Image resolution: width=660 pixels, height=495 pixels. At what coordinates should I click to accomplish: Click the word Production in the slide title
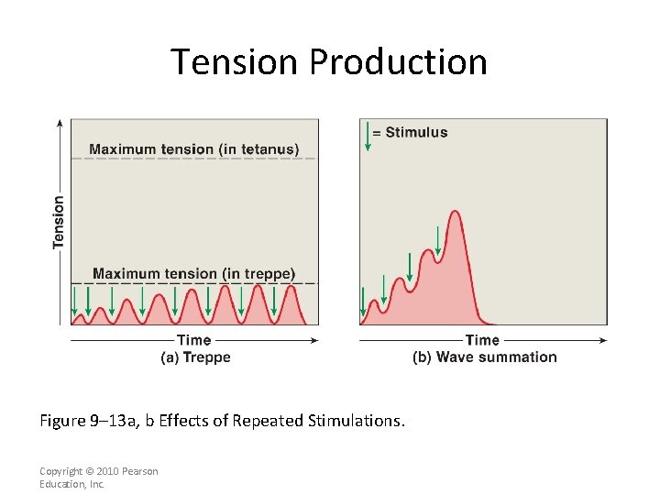coord(398,62)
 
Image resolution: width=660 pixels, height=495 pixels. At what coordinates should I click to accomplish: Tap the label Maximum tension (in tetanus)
coord(193,149)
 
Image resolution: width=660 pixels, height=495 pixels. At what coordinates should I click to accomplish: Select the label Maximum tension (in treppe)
coord(193,273)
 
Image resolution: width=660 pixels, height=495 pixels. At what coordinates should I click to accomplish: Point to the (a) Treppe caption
coord(195,357)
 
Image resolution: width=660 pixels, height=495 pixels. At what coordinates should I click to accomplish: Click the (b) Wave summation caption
coord(484,357)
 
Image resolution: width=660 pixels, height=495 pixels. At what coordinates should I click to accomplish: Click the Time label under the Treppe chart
coord(194,340)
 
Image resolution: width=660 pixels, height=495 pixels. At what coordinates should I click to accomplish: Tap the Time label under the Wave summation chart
coord(482,340)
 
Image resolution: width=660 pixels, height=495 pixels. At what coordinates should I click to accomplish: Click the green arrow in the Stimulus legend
coord(368,136)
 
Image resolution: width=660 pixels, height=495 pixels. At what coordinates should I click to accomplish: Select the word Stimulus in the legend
coord(416,132)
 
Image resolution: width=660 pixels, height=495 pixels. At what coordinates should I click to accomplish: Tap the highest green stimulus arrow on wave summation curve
coord(438,240)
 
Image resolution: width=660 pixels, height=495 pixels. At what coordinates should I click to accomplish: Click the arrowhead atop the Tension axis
coord(60,122)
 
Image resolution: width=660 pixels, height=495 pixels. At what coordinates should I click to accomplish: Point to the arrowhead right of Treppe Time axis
coord(315,340)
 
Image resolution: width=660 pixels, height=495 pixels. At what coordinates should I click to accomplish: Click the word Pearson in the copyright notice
coord(139,471)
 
